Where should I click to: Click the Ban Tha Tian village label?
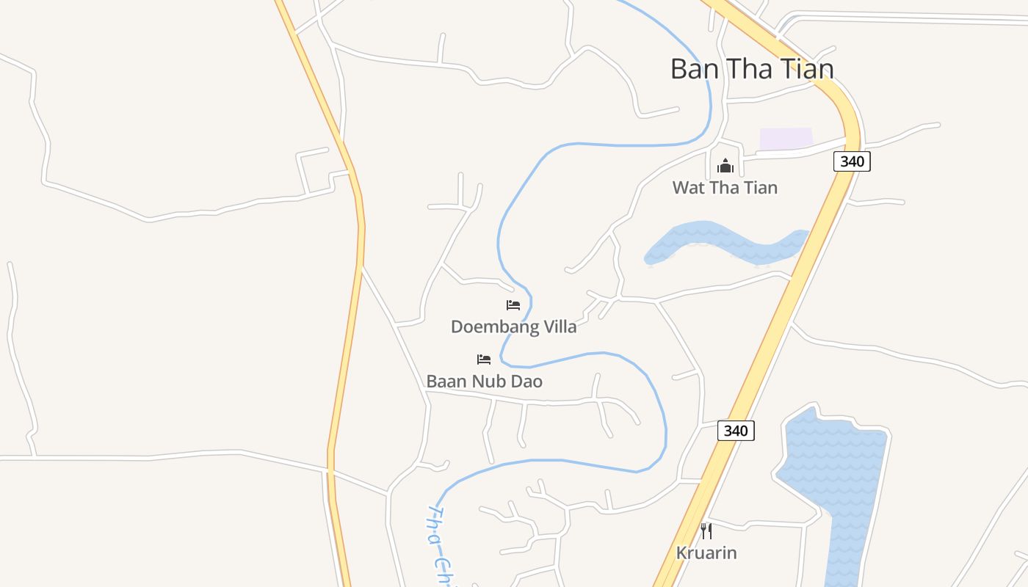click(752, 69)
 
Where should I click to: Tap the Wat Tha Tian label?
click(725, 187)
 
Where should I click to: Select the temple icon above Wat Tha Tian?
click(725, 166)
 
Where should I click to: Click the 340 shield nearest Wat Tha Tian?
click(852, 161)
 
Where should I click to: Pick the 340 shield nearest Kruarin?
click(736, 431)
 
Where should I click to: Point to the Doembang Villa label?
click(513, 327)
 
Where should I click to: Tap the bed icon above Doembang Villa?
click(513, 305)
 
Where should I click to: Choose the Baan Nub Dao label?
click(484, 382)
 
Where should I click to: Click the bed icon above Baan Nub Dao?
click(484, 360)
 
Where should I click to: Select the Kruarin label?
click(706, 553)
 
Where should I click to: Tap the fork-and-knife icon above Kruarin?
click(706, 531)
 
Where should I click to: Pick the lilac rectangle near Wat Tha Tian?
click(786, 139)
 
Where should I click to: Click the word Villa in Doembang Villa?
click(557, 327)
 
